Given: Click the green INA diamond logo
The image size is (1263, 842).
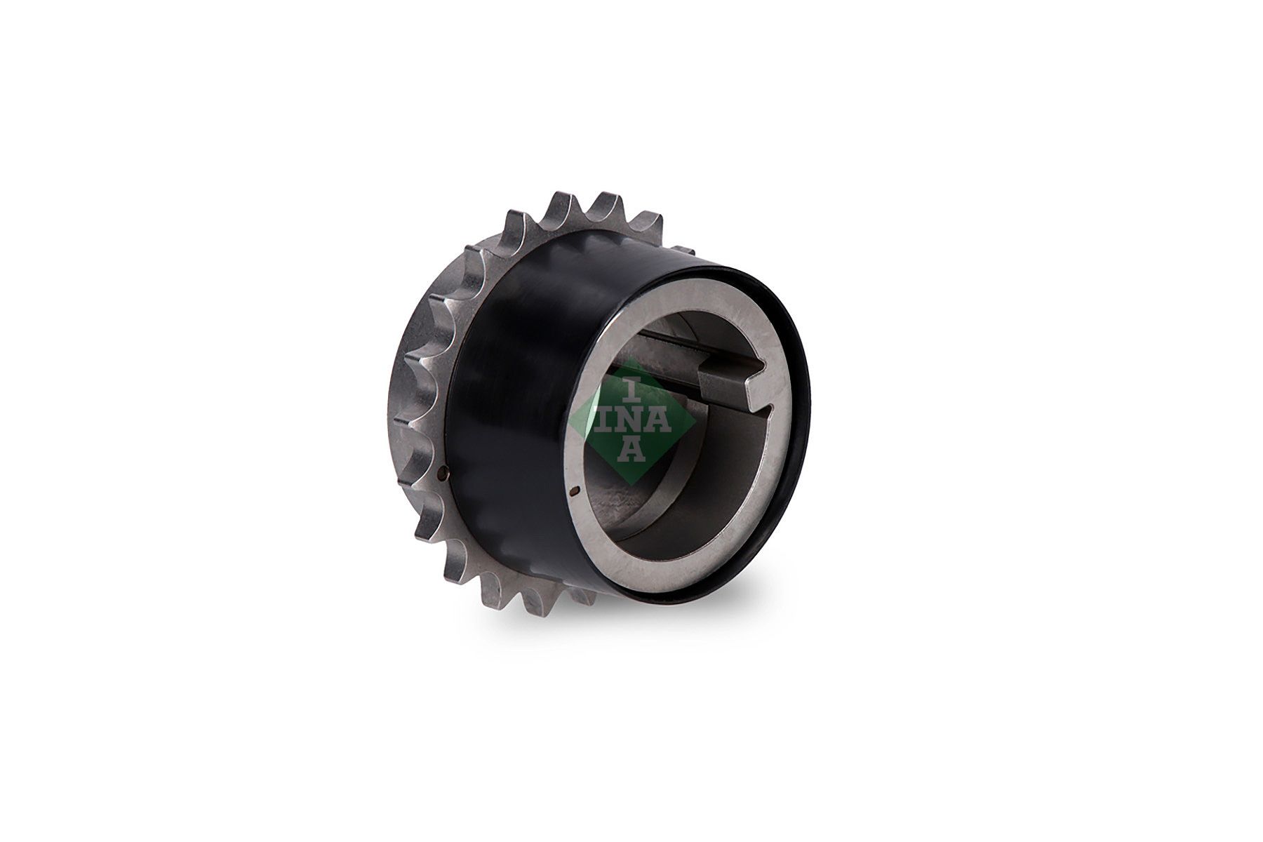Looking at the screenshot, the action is click(x=631, y=421).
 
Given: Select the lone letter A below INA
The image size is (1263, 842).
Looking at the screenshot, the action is click(x=632, y=450).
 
